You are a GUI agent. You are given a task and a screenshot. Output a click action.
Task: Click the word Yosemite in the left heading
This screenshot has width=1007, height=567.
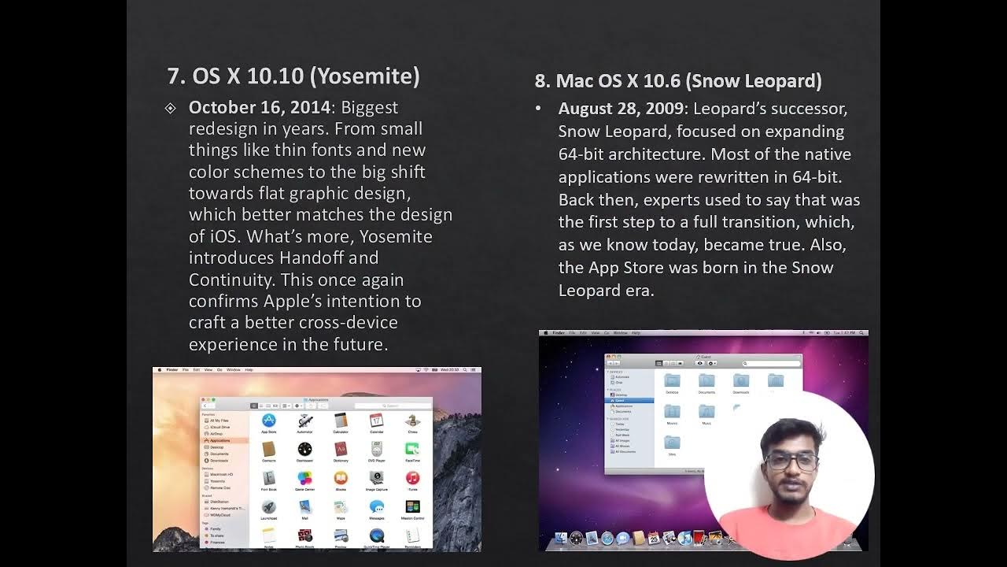[364, 76]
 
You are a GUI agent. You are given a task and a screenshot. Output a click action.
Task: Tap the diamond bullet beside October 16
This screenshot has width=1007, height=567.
[171, 108]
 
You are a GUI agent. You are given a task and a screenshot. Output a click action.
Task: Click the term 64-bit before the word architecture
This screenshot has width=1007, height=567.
[584, 154]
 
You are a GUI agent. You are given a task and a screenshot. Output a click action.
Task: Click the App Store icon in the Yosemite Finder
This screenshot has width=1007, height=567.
[268, 421]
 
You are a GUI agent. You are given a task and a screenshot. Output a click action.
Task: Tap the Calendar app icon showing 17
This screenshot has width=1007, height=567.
[376, 421]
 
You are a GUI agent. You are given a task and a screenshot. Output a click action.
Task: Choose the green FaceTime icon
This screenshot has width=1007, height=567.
[412, 450]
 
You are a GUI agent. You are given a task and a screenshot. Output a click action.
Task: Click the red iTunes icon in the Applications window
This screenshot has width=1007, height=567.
[412, 478]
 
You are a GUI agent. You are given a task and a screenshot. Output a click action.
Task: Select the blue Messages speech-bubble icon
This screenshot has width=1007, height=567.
[376, 507]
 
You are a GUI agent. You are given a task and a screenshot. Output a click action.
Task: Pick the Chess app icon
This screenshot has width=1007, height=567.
[412, 421]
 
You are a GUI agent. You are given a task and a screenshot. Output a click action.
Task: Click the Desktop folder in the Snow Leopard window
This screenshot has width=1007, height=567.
[672, 381]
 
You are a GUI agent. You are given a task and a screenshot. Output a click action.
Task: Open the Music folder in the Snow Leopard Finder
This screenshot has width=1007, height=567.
[706, 412]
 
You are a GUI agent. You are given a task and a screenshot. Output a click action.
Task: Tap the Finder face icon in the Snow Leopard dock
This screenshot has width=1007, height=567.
[561, 539]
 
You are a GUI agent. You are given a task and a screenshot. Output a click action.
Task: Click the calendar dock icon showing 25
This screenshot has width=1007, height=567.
[654, 539]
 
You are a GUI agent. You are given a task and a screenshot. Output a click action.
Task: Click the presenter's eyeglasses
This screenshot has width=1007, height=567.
[791, 461]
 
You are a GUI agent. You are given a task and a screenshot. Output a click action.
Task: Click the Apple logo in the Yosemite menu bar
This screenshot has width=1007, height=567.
[160, 369]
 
